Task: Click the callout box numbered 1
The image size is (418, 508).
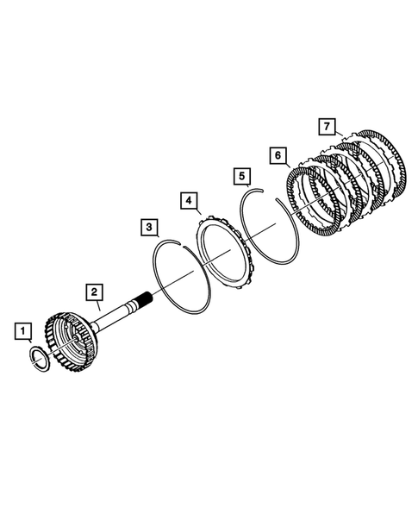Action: (x=23, y=329)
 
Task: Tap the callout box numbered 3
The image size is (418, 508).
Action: (x=150, y=227)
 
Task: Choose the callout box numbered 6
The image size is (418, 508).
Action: (x=278, y=154)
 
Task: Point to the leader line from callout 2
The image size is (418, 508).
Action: (x=98, y=303)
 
